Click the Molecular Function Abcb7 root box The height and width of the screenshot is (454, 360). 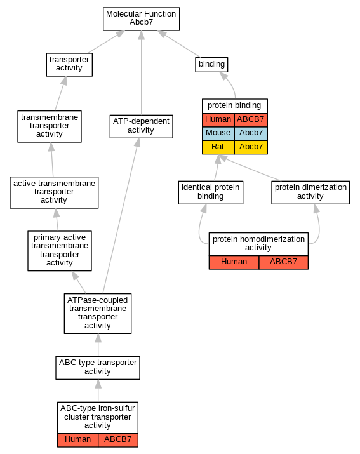142,19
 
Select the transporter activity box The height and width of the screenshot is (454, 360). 69,65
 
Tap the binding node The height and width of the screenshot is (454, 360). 211,65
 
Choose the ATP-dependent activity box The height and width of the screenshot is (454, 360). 142,126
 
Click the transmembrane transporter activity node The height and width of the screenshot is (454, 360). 50,126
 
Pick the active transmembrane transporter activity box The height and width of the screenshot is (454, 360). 54,192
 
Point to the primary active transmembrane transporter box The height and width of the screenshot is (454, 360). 60,251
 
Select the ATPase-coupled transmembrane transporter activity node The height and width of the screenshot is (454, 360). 98,314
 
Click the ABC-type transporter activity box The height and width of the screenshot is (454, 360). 98,368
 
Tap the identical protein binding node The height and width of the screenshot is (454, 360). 211,192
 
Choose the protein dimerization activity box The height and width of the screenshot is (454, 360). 310,192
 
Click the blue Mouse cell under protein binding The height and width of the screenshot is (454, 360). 218,133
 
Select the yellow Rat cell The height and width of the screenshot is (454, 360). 218,147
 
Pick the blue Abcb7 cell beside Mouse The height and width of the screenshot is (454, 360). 251,133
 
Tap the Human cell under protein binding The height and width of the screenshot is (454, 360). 218,120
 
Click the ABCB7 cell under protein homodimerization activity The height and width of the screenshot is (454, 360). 284,262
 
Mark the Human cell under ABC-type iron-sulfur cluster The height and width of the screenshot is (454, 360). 78,440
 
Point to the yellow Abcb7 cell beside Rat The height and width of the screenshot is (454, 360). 251,147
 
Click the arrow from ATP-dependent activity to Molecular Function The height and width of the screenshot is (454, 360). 142,72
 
